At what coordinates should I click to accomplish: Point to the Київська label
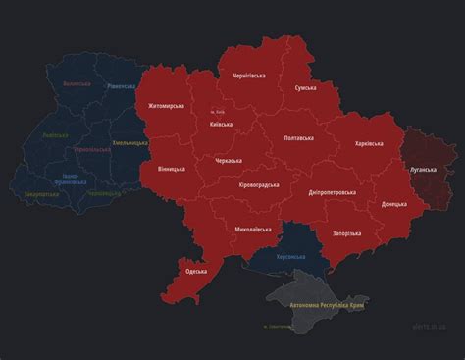(222, 125)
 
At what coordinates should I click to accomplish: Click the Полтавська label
(300, 139)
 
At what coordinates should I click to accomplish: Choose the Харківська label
(369, 144)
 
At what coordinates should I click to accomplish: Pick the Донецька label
(394, 204)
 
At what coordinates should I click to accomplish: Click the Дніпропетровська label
(331, 193)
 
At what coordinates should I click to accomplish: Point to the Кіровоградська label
(259, 184)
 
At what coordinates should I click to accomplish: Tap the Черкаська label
(230, 160)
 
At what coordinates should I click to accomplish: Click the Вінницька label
(171, 169)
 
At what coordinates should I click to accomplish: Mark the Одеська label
(196, 271)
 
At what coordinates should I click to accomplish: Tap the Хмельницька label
(129, 143)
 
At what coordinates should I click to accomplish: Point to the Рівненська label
(121, 86)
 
